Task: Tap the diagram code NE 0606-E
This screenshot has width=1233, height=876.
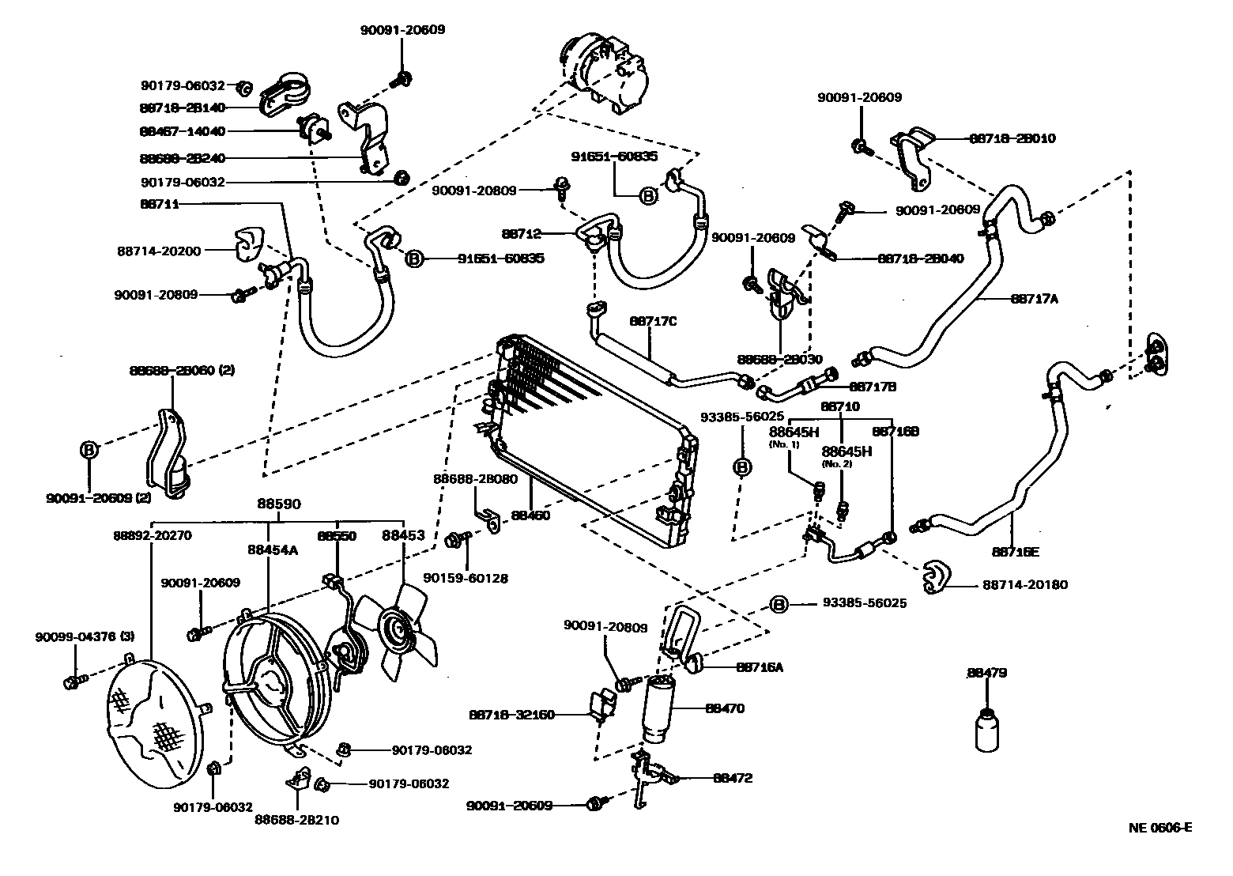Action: pyautogui.click(x=1159, y=828)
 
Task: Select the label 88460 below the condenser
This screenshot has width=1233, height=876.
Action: pyautogui.click(x=530, y=515)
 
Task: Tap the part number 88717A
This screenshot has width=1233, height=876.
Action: pyautogui.click(x=1034, y=299)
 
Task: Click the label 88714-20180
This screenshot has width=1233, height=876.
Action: pyautogui.click(x=1025, y=585)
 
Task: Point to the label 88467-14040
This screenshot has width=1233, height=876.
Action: pyautogui.click(x=183, y=131)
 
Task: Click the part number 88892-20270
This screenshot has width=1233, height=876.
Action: pyautogui.click(x=151, y=535)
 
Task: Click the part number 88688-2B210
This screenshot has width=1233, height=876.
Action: pyautogui.click(x=296, y=820)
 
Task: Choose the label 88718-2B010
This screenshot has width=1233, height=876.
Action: pyautogui.click(x=1012, y=138)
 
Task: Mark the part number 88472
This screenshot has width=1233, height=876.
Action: pyautogui.click(x=733, y=778)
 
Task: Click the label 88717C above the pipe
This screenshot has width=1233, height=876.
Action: pyautogui.click(x=654, y=321)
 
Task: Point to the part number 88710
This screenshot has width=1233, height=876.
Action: pyautogui.click(x=840, y=406)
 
